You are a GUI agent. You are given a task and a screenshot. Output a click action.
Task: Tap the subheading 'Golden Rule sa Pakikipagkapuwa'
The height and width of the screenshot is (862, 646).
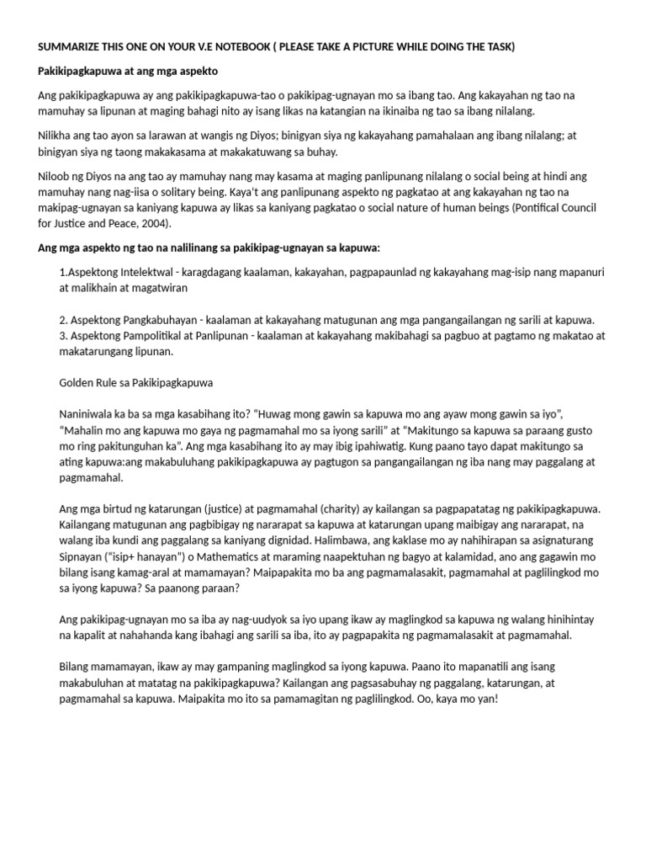coord(136,382)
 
